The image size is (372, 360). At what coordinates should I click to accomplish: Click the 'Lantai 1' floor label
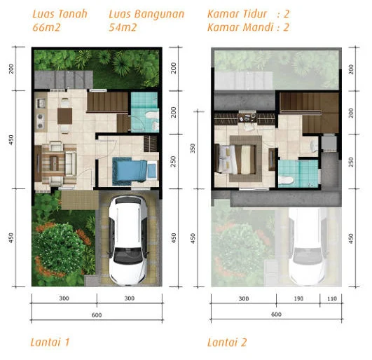click(x=50, y=342)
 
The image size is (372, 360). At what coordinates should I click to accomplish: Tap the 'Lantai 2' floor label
click(x=227, y=342)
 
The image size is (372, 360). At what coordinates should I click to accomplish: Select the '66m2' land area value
click(x=46, y=27)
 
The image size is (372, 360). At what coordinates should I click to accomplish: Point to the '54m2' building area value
click(x=123, y=27)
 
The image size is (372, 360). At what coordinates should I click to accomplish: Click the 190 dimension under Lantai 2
click(x=298, y=298)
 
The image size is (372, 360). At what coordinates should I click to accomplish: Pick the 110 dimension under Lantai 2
click(x=332, y=298)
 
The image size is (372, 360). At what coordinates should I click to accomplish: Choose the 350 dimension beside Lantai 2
click(x=193, y=148)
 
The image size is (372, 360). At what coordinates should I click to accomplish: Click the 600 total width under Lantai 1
click(x=97, y=315)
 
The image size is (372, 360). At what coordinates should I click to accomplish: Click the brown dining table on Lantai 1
click(x=64, y=116)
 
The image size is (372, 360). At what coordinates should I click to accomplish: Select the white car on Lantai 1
click(x=128, y=240)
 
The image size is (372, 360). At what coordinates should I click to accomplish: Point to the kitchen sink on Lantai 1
click(x=41, y=103)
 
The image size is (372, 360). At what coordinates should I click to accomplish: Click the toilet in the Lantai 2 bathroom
click(x=286, y=180)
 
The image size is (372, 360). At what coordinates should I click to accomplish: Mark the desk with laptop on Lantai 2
click(x=247, y=118)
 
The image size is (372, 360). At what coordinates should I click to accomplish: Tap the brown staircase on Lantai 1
click(x=108, y=102)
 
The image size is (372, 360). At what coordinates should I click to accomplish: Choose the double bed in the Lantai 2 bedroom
click(x=235, y=159)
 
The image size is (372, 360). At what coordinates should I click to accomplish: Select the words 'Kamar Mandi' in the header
click(x=240, y=27)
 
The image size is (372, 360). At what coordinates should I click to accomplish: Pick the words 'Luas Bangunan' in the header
click(x=146, y=14)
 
